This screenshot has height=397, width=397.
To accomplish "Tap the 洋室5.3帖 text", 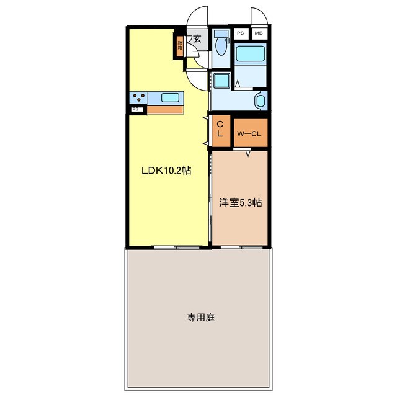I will click(240, 202).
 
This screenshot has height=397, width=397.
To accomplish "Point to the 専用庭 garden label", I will click(200, 318).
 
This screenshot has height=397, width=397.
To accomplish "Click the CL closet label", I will click(220, 130).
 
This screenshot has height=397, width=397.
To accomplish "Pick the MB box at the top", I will click(259, 33).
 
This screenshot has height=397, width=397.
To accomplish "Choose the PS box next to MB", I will click(240, 33).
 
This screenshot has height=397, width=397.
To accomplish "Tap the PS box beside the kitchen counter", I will click(136, 110).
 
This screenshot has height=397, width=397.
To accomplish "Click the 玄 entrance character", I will click(197, 39).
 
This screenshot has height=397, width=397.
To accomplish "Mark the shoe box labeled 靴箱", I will click(180, 45).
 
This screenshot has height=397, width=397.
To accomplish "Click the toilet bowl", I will click(220, 43).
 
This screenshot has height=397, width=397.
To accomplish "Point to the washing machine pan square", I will click(221, 80).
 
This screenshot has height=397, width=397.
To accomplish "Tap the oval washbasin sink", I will click(260, 100).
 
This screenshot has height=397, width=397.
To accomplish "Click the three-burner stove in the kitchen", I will click(138, 97).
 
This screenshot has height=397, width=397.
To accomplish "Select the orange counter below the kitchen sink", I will click(166, 110).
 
